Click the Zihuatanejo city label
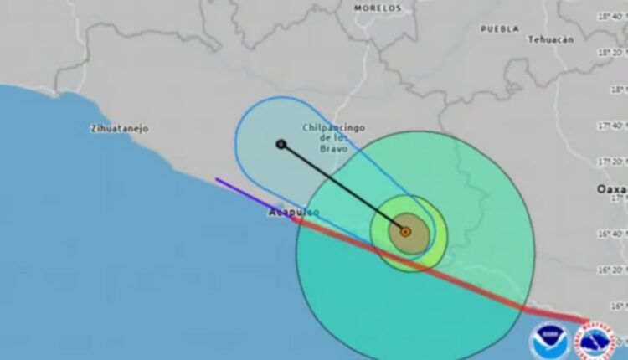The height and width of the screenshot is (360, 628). pyautogui.click(x=119, y=129)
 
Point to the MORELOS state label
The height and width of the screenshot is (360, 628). pyautogui.click(x=378, y=8)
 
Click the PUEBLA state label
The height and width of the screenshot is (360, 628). pyautogui.click(x=499, y=28)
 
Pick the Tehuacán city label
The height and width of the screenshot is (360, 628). pyautogui.click(x=550, y=39)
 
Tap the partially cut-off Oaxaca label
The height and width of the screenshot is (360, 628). pyautogui.click(x=612, y=189)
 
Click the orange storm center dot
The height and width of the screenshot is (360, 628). pyautogui.click(x=405, y=231)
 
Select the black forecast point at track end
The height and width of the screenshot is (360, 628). pyautogui.click(x=281, y=144)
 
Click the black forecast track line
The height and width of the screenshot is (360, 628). pyautogui.click(x=343, y=188)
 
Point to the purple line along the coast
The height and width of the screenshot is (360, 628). pyautogui.click(x=243, y=192)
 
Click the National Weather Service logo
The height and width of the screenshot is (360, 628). pyautogui.click(x=598, y=339)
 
